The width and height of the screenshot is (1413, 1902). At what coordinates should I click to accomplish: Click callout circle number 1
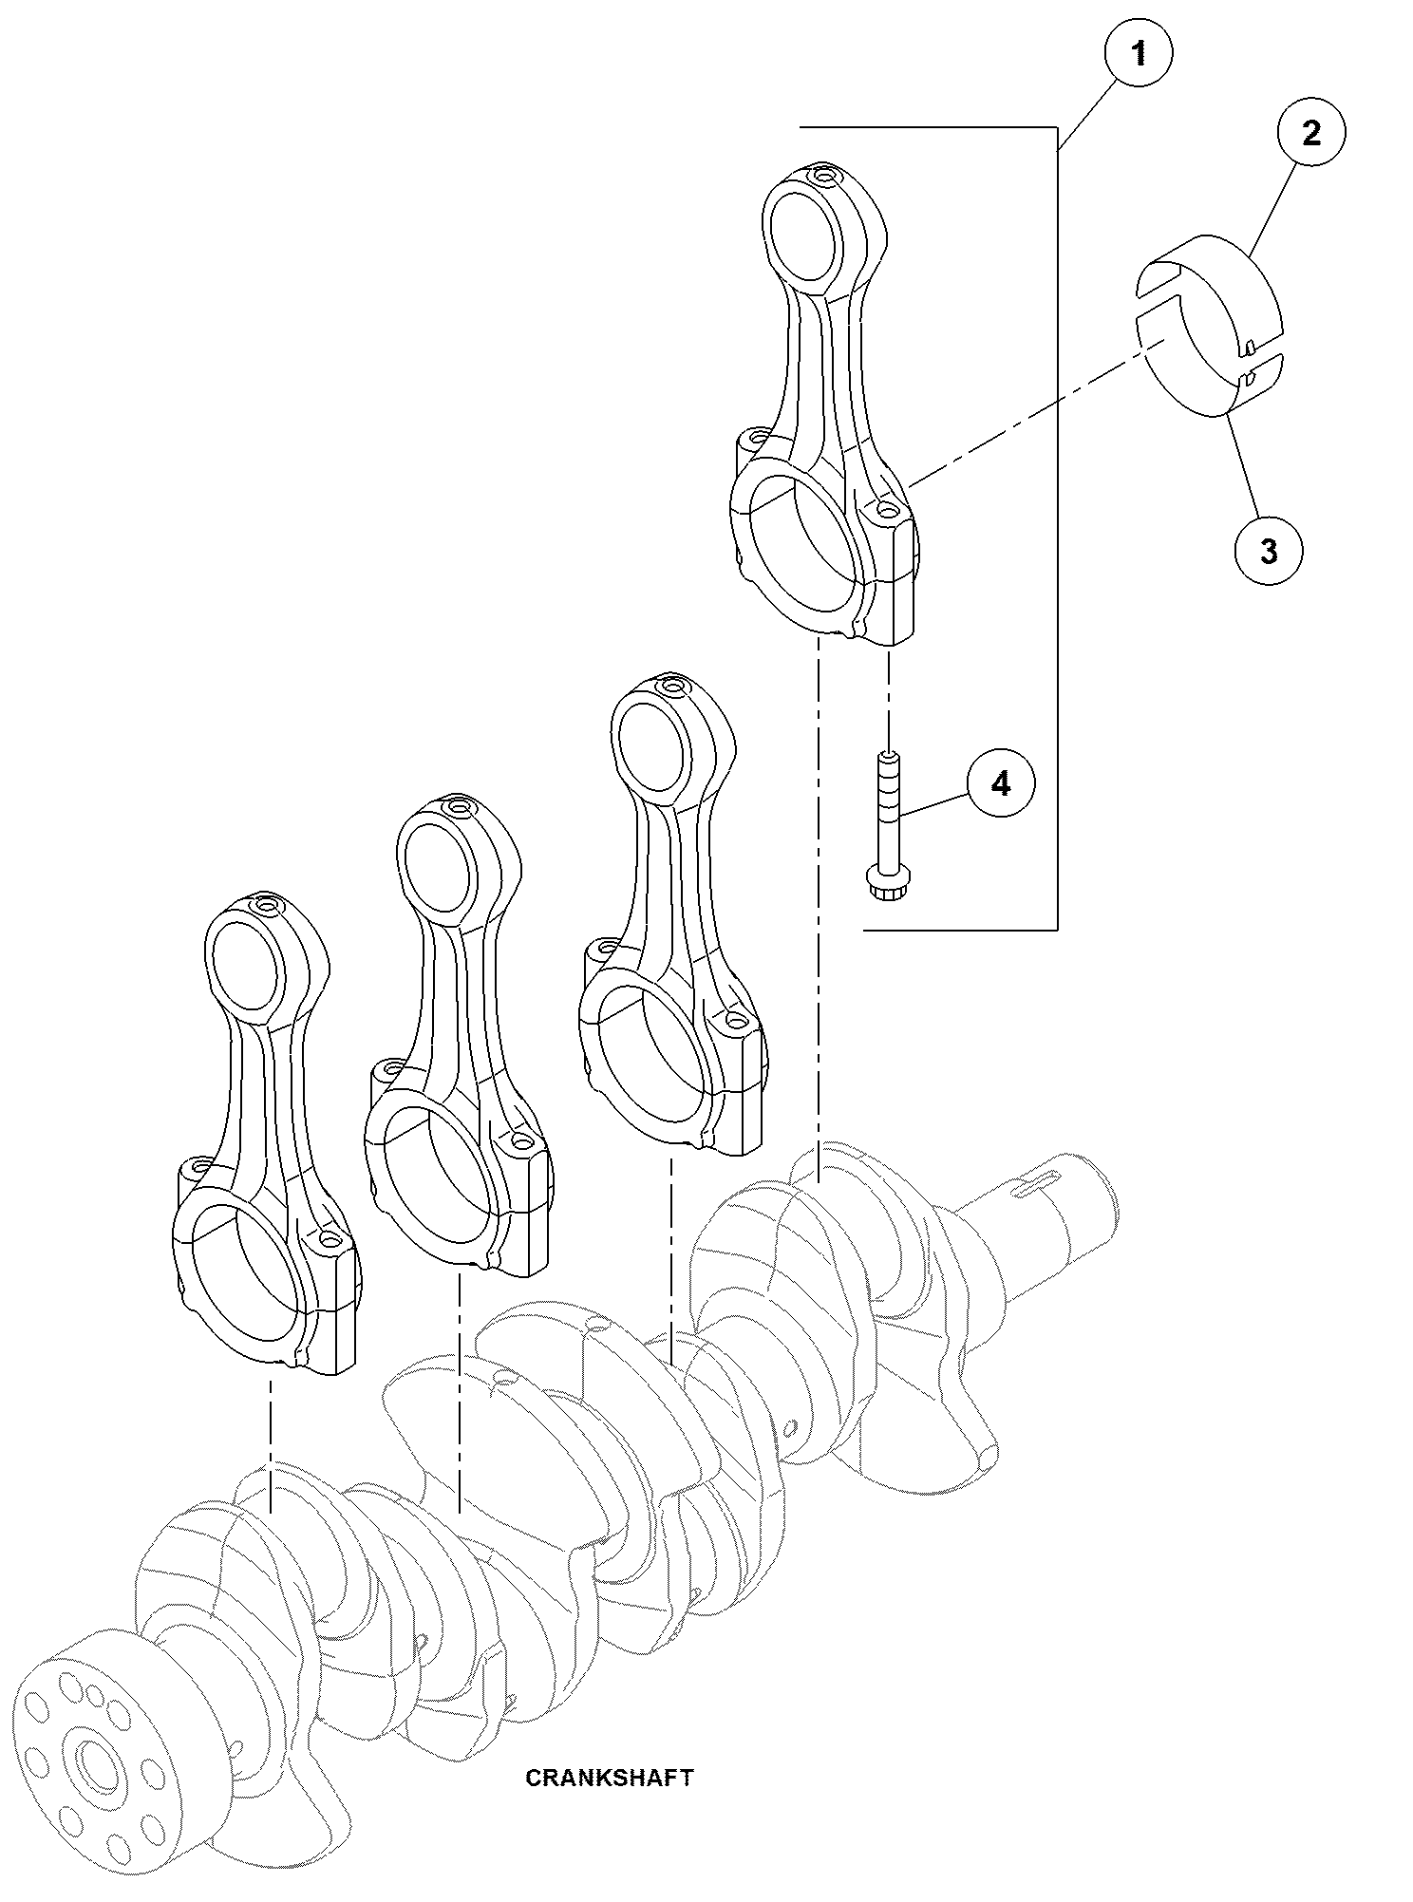[1139, 54]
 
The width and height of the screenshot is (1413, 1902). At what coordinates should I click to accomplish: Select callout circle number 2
[1310, 133]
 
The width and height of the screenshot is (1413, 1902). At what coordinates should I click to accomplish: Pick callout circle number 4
[1001, 785]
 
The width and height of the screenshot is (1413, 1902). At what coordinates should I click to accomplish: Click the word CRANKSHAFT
[610, 1778]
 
